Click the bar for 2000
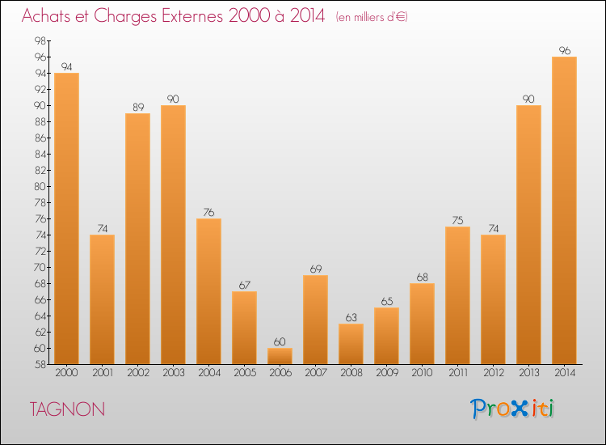[x=66, y=218]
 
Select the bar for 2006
[x=280, y=356]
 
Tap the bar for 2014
[x=564, y=210]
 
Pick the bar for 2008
[x=351, y=344]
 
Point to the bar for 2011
[x=457, y=295]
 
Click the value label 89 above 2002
[x=137, y=107]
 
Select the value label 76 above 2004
[x=208, y=212]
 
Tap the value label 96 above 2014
[x=564, y=50]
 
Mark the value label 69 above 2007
[x=315, y=269]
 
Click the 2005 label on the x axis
[x=244, y=373]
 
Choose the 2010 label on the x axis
[x=422, y=373]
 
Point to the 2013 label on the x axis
[x=528, y=373]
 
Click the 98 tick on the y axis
[x=40, y=40]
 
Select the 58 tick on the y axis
[x=40, y=364]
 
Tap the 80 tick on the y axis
[x=40, y=186]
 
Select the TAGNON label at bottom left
[x=67, y=409]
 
